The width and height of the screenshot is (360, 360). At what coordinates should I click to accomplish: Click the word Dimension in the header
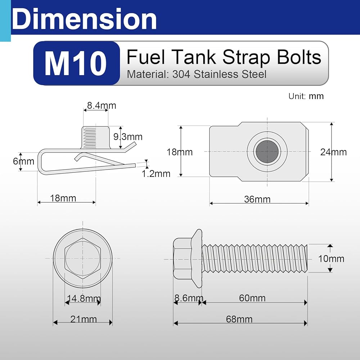[84, 19]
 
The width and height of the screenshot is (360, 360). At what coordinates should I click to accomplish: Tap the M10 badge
[76, 63]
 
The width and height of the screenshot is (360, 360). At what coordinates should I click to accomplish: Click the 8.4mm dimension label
[102, 105]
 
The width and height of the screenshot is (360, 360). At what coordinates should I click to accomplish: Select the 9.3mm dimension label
[128, 137]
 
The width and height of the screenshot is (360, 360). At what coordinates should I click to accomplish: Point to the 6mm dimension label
[23, 161]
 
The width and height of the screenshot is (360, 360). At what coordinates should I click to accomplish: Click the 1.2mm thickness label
[156, 174]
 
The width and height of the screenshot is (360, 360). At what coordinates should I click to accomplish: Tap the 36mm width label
[257, 199]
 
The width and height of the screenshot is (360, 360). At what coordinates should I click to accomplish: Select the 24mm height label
[333, 152]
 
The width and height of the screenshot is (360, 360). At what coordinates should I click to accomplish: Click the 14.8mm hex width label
[84, 298]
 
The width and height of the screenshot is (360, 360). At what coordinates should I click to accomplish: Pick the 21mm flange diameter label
[84, 319]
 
